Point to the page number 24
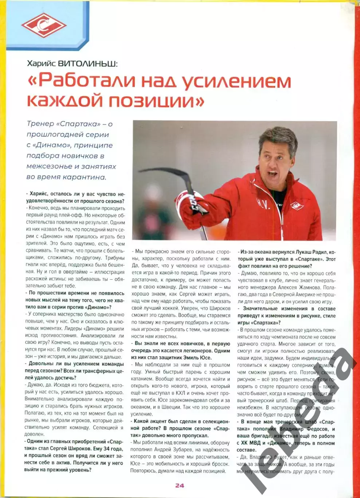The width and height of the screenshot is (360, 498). click(180, 485)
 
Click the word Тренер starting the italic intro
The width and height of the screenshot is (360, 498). click(40, 124)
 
